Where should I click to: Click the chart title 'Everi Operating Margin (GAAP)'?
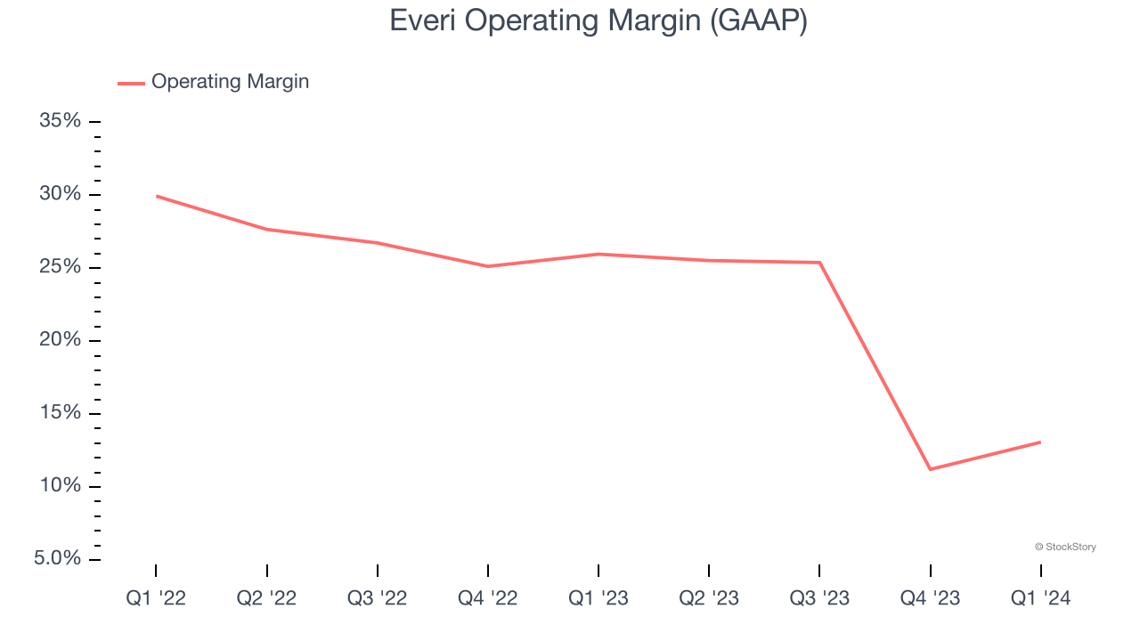(x=598, y=21)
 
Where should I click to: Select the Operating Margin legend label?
(x=230, y=82)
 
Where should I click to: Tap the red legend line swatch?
(x=131, y=84)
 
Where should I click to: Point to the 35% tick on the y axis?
(x=61, y=121)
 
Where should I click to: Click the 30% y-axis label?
(x=61, y=194)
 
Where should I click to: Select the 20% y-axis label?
(x=61, y=340)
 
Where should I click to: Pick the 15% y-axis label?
(x=61, y=413)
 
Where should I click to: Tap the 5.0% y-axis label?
(x=58, y=559)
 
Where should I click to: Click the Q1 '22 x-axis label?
(x=156, y=598)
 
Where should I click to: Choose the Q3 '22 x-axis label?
(x=378, y=598)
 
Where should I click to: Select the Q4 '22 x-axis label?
(x=488, y=598)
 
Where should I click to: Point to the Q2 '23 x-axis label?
(x=709, y=598)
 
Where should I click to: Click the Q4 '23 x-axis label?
(x=930, y=598)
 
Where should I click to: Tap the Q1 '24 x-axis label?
(x=1040, y=598)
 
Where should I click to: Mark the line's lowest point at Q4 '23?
(x=930, y=469)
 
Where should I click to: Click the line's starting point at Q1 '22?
(x=157, y=196)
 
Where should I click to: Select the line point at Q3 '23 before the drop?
(x=819, y=263)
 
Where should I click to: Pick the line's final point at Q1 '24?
(x=1039, y=442)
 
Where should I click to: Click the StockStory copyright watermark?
(x=1065, y=547)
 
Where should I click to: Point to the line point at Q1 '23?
(x=598, y=255)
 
